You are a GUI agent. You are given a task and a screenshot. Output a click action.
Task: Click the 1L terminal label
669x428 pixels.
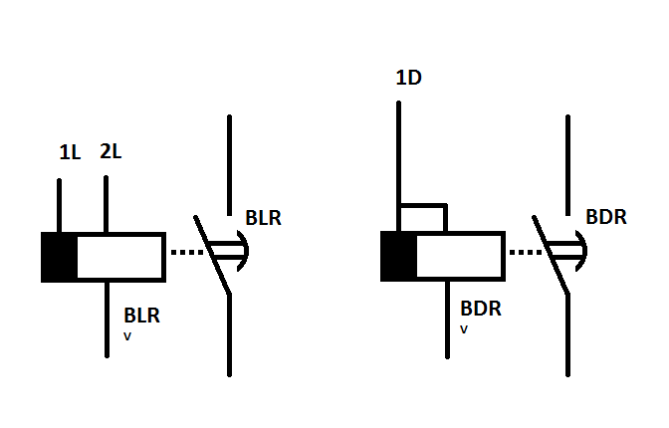[x=69, y=154]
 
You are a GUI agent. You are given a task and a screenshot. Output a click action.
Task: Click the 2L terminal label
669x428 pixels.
[x=111, y=152]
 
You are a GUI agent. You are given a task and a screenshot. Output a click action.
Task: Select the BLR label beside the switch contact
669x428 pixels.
[x=263, y=217]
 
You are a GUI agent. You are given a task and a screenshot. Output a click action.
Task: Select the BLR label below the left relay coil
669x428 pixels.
[x=141, y=317]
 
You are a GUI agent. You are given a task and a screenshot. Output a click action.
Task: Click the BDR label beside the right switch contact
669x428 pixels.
[x=605, y=217]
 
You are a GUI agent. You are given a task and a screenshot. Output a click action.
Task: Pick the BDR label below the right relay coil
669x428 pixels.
[x=481, y=309]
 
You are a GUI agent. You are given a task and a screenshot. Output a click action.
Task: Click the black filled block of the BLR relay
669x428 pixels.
[x=59, y=257]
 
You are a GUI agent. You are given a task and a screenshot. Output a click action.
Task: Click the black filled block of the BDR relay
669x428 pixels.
[x=398, y=257]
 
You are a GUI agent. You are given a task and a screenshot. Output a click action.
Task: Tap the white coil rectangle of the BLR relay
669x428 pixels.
[x=119, y=257]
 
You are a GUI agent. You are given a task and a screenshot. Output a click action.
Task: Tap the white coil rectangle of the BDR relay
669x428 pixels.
[x=459, y=257]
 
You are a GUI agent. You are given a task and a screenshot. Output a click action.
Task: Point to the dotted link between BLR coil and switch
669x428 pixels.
[x=185, y=253]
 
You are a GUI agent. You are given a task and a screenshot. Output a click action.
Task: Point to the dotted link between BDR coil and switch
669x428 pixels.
[x=525, y=253]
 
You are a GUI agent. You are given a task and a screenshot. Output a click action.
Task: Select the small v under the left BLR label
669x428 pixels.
[x=126, y=335]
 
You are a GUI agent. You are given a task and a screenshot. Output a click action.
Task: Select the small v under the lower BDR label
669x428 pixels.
[x=465, y=328]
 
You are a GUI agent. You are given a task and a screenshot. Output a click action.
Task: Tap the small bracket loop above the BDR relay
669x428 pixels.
[x=422, y=217]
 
